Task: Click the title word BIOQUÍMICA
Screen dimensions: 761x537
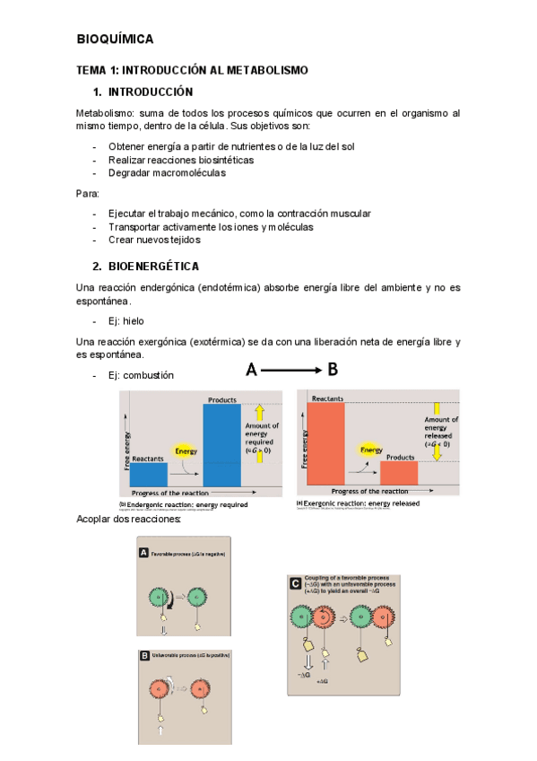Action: [x=115, y=39]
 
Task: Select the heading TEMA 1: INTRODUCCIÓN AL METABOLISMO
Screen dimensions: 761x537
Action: [x=192, y=70]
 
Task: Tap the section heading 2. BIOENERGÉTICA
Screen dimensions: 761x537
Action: [x=145, y=267]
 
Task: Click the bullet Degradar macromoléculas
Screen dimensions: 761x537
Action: [x=167, y=173]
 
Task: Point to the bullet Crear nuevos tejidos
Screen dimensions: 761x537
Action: [x=154, y=241]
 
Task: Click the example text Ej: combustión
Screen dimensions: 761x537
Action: [x=141, y=375]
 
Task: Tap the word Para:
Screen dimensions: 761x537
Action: [x=88, y=194]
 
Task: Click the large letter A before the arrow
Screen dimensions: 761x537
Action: [x=252, y=370]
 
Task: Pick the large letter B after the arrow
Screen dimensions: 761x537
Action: [x=333, y=370]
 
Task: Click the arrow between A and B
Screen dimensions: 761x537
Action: [x=291, y=370]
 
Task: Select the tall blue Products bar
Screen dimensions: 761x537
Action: [x=222, y=445]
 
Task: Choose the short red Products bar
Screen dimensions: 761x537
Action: [x=399, y=473]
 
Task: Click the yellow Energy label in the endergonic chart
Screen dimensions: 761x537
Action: [x=186, y=450]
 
